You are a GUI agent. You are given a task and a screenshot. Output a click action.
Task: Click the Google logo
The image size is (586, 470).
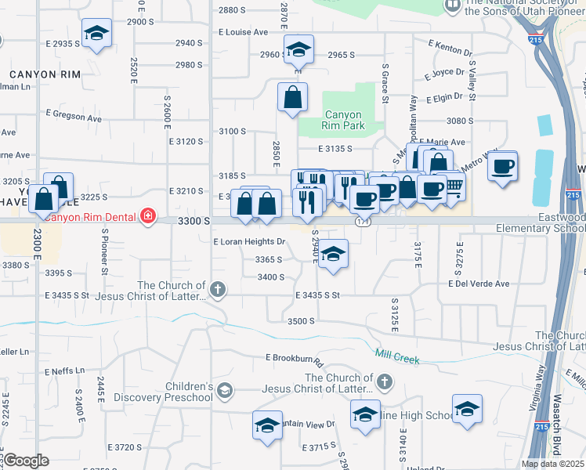26,461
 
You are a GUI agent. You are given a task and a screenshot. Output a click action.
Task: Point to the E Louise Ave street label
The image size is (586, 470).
244,32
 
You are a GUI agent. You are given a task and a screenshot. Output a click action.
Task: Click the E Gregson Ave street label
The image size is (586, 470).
74,116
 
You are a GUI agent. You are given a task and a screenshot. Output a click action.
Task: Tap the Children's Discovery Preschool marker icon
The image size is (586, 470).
225,390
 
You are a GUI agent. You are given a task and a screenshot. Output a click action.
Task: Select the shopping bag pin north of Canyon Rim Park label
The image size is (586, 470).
292,97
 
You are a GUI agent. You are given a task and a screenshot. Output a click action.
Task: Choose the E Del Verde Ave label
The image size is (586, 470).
479,284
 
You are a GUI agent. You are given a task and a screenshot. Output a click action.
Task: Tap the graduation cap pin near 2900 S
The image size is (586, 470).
96,34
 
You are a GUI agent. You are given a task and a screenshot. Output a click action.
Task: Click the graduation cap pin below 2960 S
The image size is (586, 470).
298,50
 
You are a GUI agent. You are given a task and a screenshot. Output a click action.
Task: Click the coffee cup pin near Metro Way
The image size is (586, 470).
502,167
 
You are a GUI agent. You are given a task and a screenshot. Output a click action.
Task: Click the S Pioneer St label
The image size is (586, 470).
104,252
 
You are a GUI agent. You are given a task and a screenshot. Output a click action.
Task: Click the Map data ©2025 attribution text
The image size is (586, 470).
552,464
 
